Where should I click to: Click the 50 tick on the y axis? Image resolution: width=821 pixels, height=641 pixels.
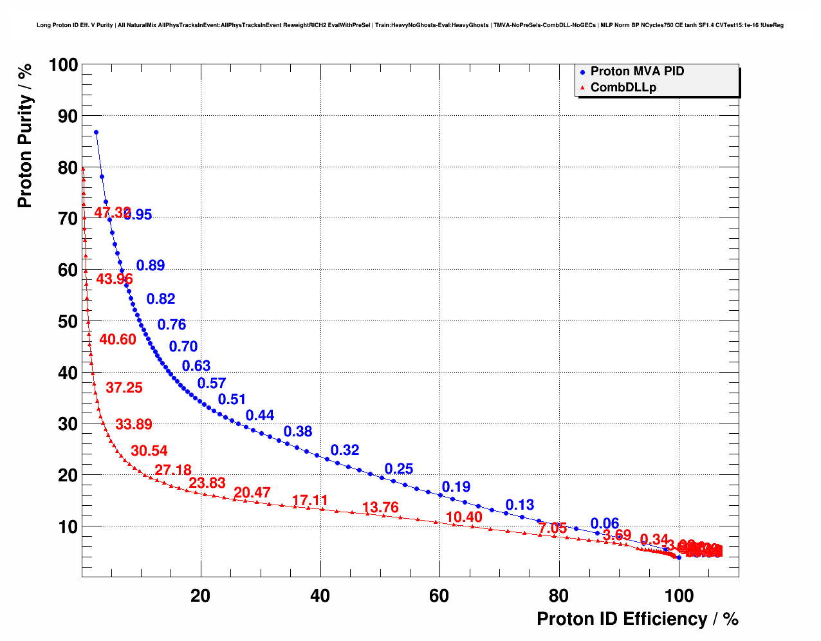[x=68, y=322]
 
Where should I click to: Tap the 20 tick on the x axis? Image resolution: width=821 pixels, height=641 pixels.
[x=201, y=596]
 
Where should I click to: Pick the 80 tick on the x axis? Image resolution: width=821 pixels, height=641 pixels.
[x=558, y=596]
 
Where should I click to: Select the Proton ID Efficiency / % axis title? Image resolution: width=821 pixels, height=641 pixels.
[x=637, y=619]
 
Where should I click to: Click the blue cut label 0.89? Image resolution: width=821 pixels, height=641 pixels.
[x=151, y=265]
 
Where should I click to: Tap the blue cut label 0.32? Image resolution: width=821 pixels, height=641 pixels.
[x=345, y=450]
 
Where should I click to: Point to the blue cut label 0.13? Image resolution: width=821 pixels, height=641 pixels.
[x=520, y=505]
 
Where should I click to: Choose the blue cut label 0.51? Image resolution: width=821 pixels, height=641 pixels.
[x=232, y=400]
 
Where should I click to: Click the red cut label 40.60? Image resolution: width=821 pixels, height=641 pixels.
[x=118, y=339]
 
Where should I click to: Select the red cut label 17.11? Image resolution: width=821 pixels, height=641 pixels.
[x=310, y=501]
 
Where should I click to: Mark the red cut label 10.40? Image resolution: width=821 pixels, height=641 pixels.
[x=464, y=517]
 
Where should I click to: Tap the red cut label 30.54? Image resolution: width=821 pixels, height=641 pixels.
[x=149, y=451]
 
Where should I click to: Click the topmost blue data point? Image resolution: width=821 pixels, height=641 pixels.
[x=96, y=132]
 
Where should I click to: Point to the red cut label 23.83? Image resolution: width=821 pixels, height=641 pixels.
[x=207, y=483]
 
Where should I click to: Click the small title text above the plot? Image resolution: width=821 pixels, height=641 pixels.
[x=410, y=25]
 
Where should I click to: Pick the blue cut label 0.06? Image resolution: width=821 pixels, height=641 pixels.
[x=605, y=524]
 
